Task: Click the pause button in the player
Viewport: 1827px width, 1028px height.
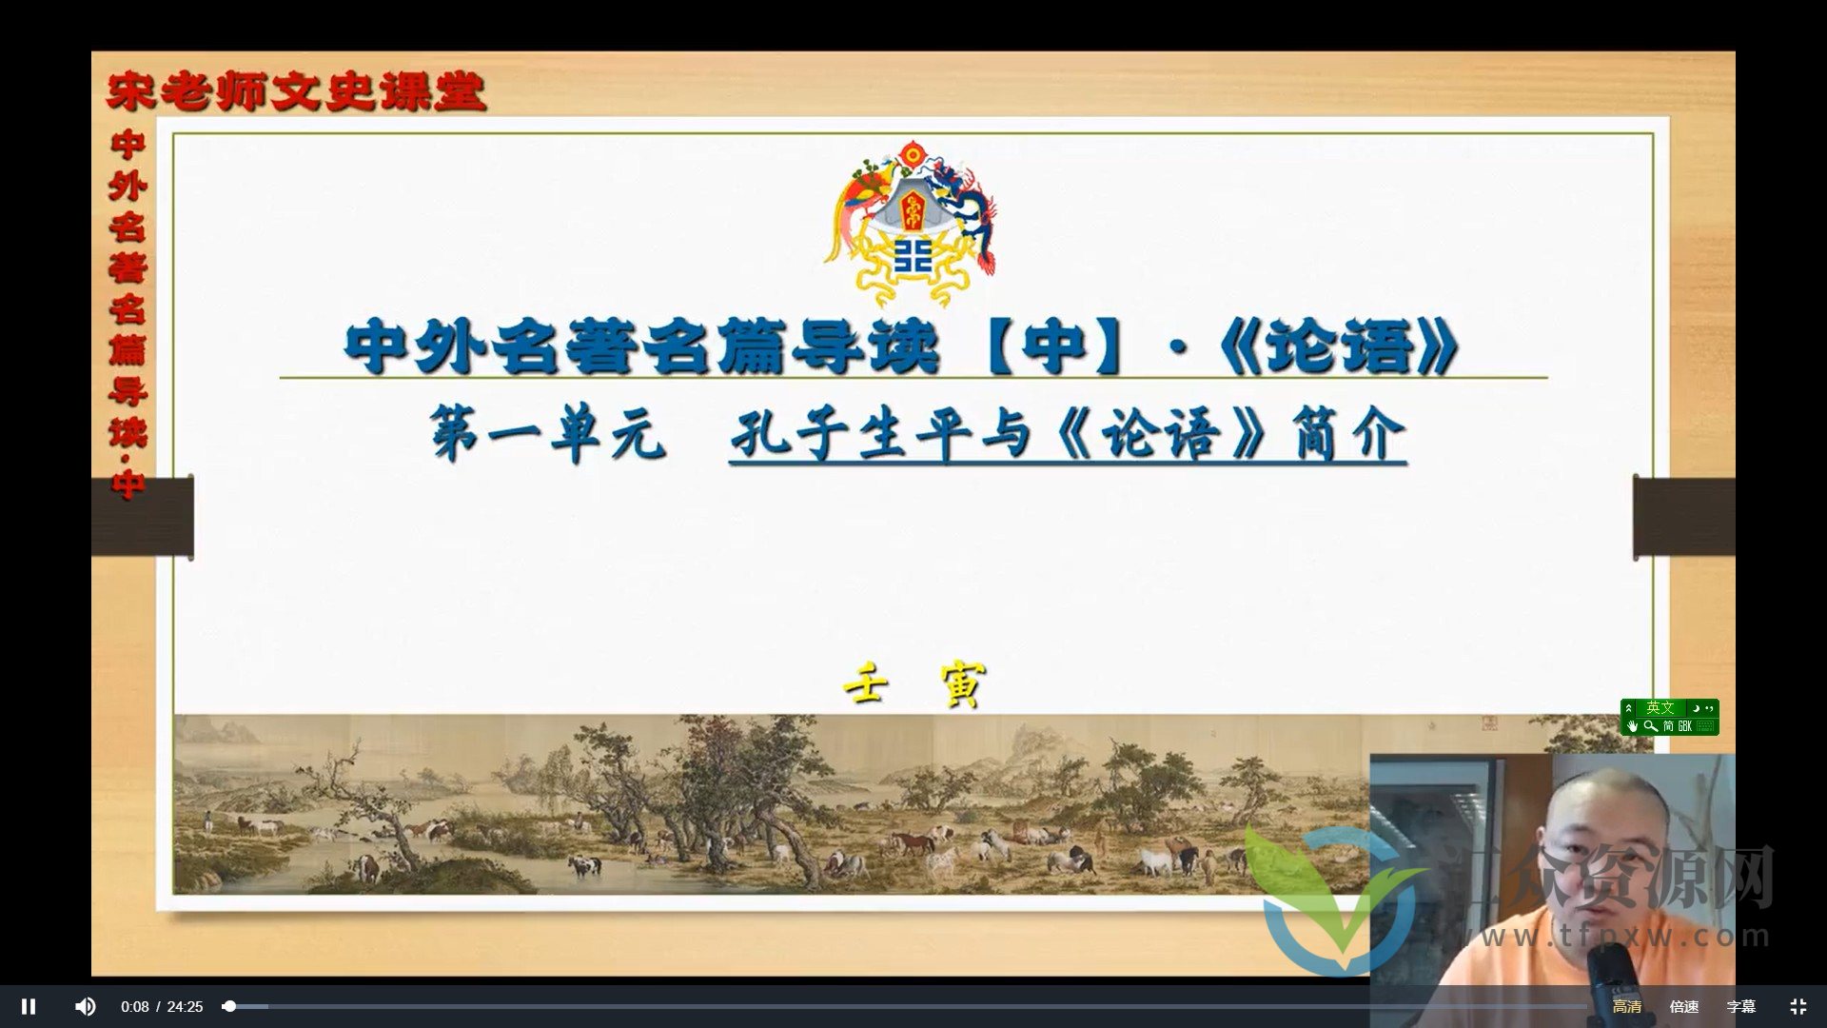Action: [29, 1006]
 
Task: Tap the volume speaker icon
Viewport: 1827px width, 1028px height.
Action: [86, 1006]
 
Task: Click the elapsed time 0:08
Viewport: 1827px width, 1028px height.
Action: [134, 1007]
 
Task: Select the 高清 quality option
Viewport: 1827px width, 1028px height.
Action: [1626, 1007]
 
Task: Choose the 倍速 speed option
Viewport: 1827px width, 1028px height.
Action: [1683, 1007]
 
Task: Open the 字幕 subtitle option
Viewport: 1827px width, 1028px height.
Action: [1740, 1007]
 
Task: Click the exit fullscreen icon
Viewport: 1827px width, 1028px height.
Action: [1798, 1006]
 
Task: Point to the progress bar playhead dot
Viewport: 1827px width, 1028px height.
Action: [229, 1006]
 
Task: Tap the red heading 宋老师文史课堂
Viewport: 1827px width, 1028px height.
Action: [296, 92]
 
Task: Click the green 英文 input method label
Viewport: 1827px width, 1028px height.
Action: [1660, 708]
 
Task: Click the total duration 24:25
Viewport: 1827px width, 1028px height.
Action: [185, 1007]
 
